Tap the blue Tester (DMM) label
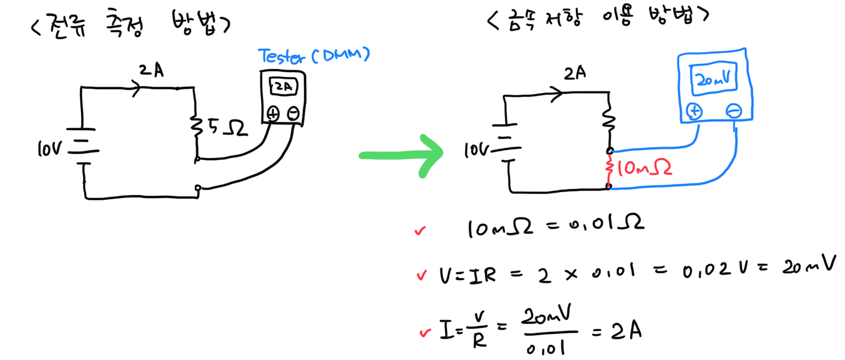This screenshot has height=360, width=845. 314,56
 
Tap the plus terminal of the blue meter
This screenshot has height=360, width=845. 695,111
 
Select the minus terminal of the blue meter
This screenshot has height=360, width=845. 733,111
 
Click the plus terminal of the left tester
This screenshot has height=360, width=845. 272,112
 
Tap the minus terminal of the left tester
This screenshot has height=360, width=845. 292,112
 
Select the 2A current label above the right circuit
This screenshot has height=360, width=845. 575,74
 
